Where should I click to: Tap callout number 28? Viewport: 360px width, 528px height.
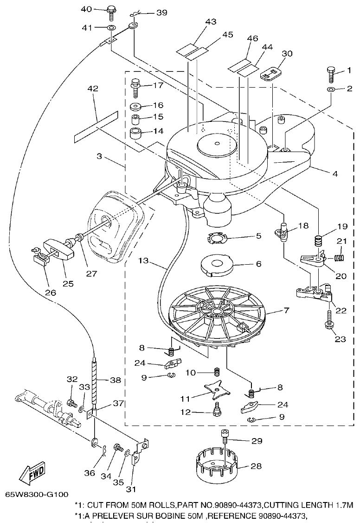point(256,466)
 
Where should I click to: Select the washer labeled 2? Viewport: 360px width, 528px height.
point(330,89)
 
